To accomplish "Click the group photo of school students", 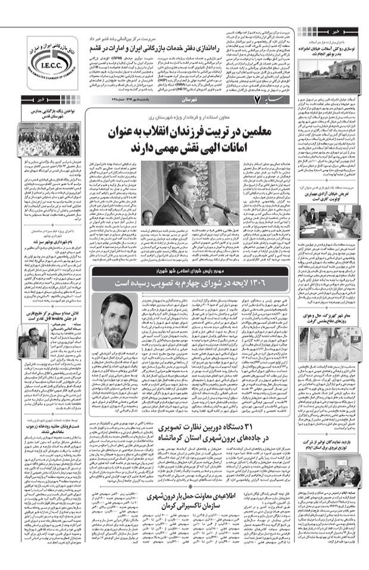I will (44, 142).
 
